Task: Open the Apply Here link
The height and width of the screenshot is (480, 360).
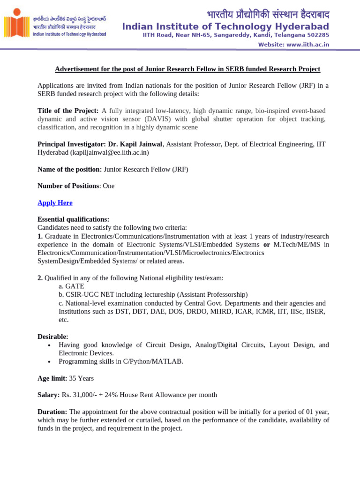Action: tap(55, 203)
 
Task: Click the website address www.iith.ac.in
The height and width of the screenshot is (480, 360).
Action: tap(307, 45)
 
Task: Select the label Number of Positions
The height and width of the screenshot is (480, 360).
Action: tap(68, 186)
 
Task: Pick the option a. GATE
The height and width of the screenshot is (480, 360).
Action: tap(71, 286)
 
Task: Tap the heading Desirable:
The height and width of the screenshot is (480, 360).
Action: tap(52, 337)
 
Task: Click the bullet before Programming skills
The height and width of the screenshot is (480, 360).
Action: tap(49, 362)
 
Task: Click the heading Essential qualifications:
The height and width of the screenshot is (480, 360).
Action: tap(73, 219)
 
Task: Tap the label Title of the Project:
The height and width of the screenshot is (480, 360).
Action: tap(68, 111)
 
